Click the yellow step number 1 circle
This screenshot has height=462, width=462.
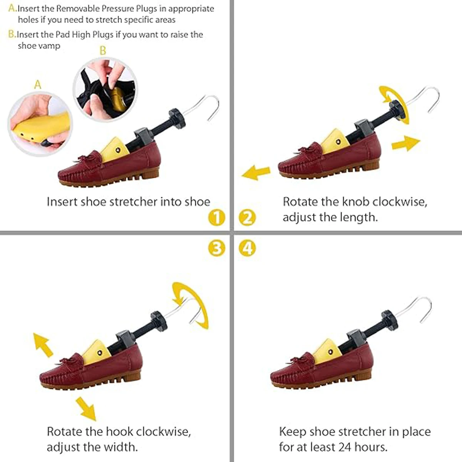[x=216, y=218]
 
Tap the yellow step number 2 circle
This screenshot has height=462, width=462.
[x=247, y=218]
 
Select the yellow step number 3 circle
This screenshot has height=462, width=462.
[x=216, y=248]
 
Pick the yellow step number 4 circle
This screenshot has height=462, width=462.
[x=247, y=248]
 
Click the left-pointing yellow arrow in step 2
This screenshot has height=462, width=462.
[x=256, y=172]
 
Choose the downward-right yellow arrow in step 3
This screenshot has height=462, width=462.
[x=85, y=408]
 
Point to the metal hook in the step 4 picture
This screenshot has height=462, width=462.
[x=416, y=308]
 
